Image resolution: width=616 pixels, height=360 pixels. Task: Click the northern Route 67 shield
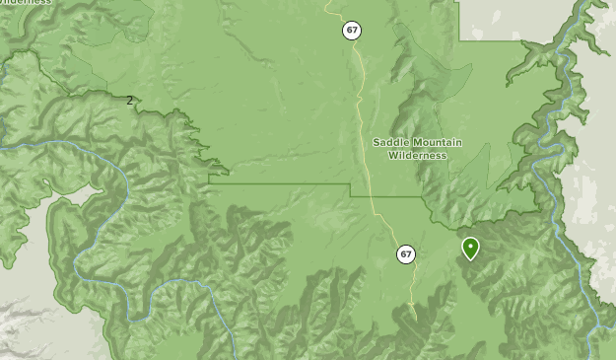(x=352, y=31)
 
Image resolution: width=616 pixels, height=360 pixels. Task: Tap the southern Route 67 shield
(x=406, y=254)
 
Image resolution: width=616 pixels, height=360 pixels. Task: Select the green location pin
(x=471, y=248)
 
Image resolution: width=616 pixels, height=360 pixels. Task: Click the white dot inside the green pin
(x=471, y=245)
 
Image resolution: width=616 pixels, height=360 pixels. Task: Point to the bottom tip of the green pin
(x=471, y=260)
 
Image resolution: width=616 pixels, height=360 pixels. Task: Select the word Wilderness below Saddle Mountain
(x=417, y=156)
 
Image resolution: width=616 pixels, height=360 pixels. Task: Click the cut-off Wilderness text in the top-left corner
(x=26, y=3)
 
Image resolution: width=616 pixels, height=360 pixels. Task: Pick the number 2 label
(x=129, y=101)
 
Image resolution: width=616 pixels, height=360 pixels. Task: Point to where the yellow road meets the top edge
(x=327, y=2)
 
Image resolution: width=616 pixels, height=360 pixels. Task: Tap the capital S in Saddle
(x=376, y=142)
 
